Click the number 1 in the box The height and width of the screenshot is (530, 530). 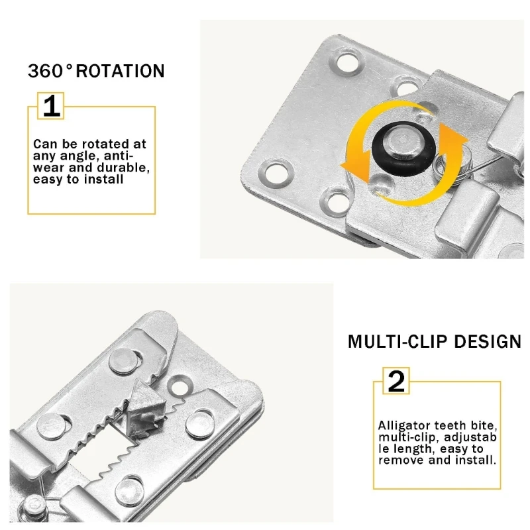(x=51, y=106)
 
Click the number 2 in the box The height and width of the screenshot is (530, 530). (x=396, y=382)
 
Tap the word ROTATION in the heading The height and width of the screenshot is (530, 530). (x=120, y=71)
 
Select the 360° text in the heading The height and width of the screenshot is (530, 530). (x=50, y=71)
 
